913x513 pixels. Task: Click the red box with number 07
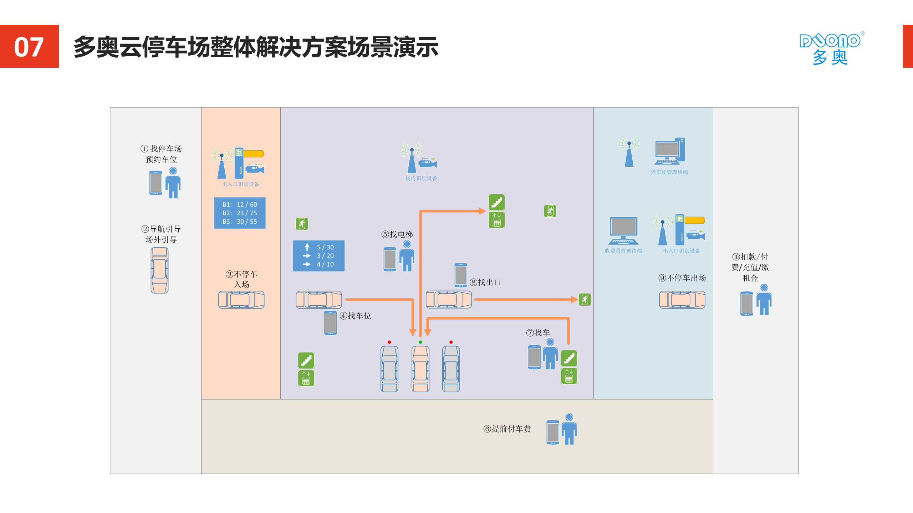click(x=29, y=46)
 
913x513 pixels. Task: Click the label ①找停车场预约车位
click(x=161, y=154)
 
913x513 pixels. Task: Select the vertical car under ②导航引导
click(x=159, y=270)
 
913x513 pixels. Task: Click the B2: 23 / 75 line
click(x=240, y=213)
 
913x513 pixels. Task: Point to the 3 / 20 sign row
click(x=319, y=256)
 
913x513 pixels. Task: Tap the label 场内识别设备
click(x=421, y=178)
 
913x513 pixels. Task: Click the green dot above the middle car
click(x=420, y=342)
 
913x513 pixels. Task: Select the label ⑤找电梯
click(x=397, y=234)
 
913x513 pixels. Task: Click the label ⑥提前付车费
click(x=507, y=429)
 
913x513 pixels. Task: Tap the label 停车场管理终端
click(x=669, y=172)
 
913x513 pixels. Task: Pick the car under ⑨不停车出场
click(x=682, y=300)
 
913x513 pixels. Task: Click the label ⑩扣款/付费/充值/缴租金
click(x=750, y=267)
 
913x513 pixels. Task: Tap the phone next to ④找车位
click(x=330, y=323)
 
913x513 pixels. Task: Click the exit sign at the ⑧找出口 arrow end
click(x=585, y=300)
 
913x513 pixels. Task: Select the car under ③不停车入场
click(x=241, y=300)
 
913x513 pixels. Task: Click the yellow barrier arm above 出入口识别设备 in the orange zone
click(x=254, y=154)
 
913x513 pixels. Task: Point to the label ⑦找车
click(x=538, y=333)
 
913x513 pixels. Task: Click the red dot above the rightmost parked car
click(x=451, y=342)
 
